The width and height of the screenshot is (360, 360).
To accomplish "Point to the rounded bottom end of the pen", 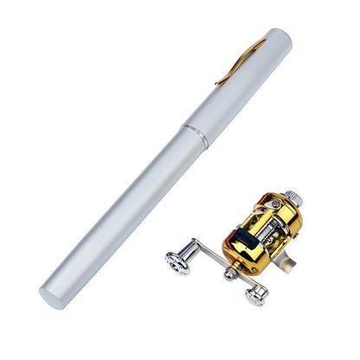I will click(x=53, y=295).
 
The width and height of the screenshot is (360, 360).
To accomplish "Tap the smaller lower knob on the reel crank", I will click(x=254, y=296).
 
